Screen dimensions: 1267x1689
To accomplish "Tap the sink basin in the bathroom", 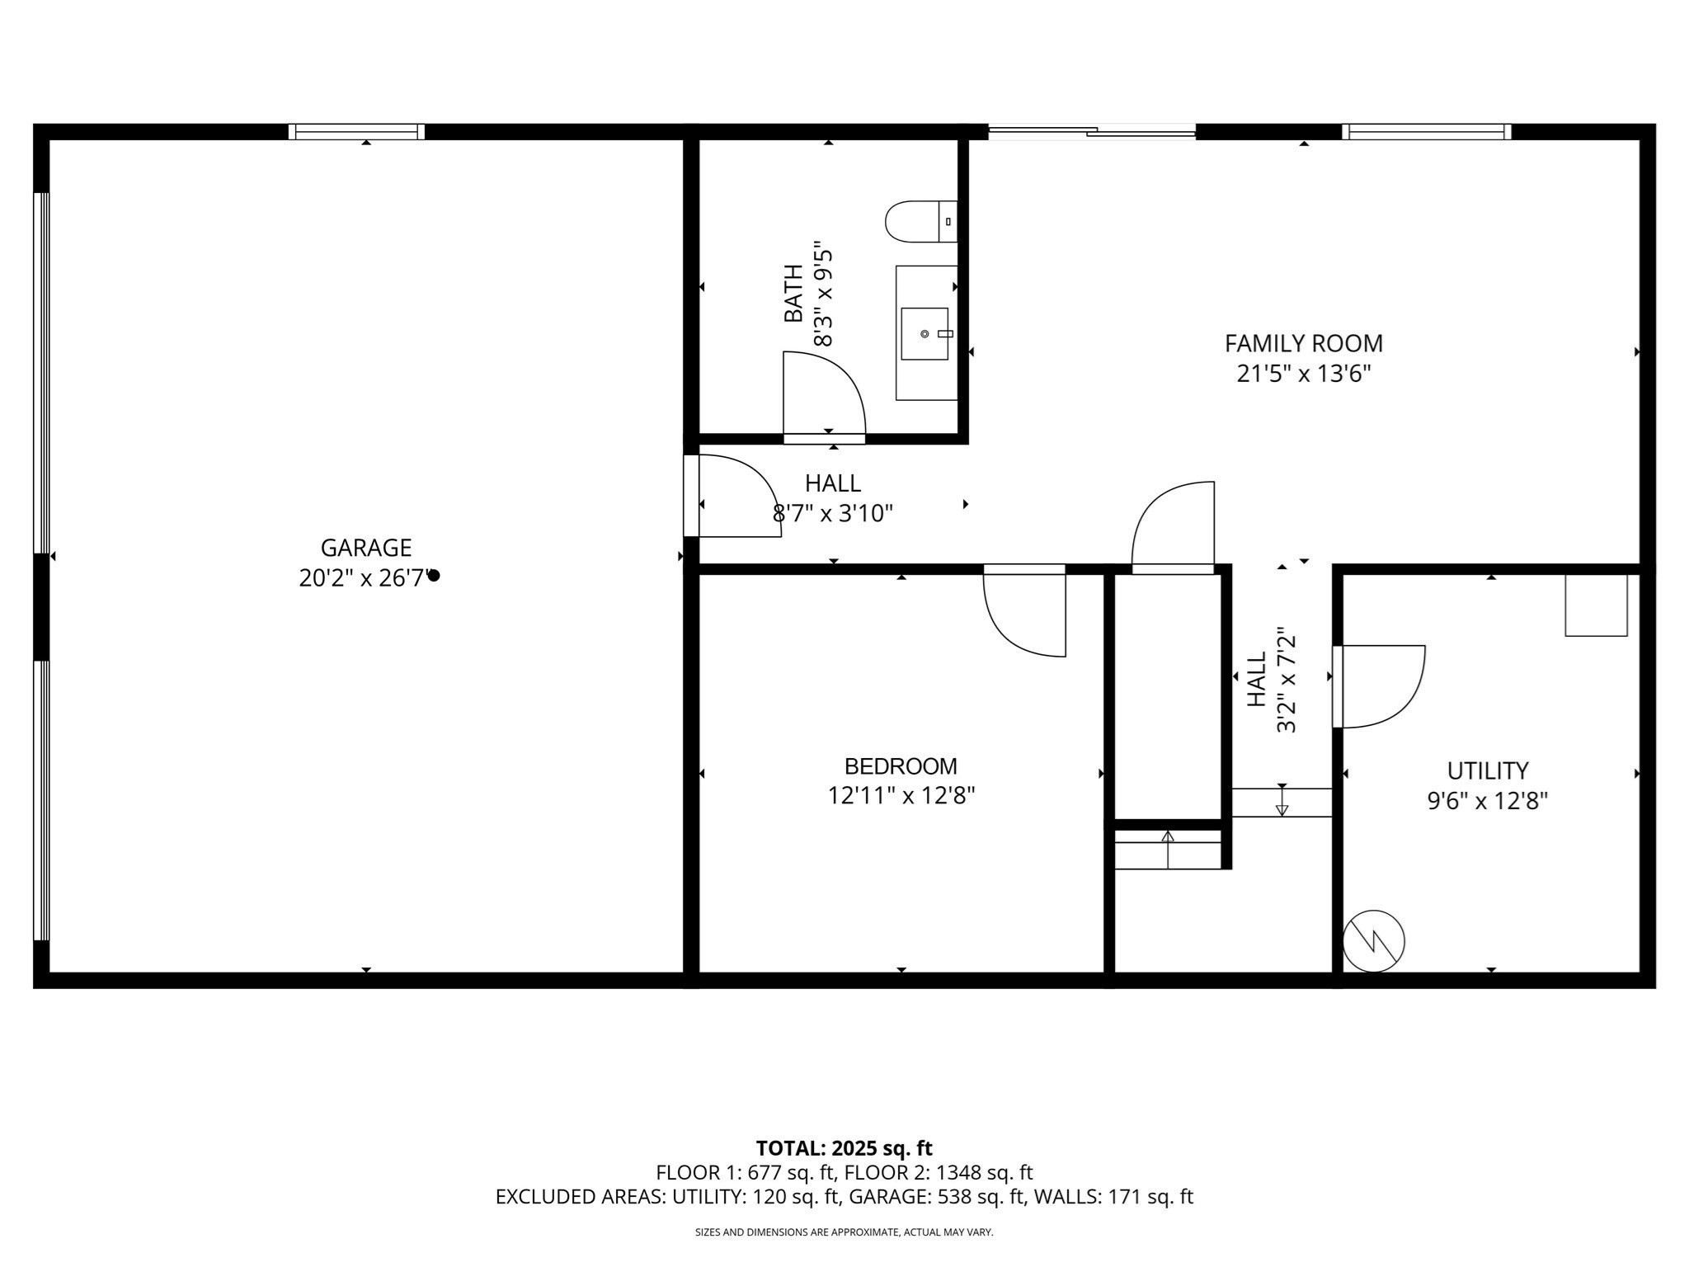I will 924,333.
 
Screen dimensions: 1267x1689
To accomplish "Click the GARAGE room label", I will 365,548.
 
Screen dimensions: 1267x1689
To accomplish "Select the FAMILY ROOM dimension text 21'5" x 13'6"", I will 1303,374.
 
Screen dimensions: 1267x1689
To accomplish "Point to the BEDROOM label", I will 901,766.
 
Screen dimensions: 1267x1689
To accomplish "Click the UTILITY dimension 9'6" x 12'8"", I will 1487,801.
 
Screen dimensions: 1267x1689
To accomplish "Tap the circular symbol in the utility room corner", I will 1373,941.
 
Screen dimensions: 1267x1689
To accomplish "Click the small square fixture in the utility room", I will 1596,605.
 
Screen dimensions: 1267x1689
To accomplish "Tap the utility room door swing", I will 1380,686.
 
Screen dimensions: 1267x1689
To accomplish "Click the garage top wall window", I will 356,131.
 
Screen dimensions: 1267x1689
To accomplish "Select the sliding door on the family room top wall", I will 1091,131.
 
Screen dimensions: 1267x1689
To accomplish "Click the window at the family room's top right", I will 1426,131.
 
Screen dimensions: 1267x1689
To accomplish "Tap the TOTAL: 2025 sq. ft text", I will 844,1148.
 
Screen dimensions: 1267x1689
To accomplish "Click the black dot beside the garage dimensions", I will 434,576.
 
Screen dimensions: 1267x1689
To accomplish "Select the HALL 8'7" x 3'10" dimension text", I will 833,514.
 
